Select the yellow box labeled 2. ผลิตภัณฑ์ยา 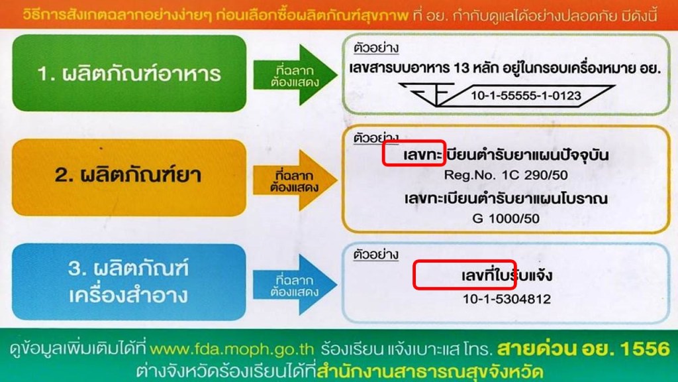128,178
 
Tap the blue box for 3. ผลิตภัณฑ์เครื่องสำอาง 128,283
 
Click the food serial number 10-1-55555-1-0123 526,96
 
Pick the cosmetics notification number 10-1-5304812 507,299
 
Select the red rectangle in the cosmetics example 463,275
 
